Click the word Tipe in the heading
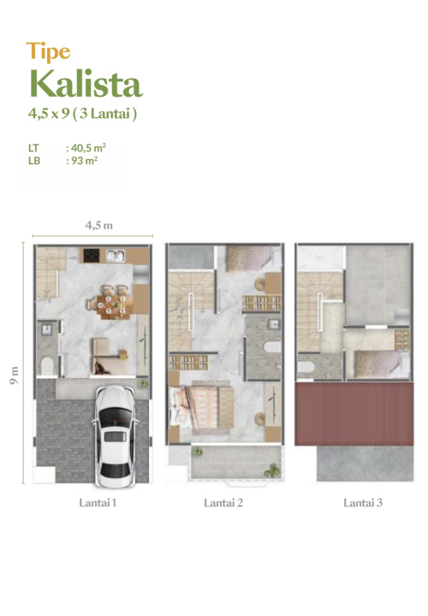click(x=48, y=52)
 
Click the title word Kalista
click(x=86, y=84)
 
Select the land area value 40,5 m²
click(x=88, y=148)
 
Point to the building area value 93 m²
click(x=85, y=160)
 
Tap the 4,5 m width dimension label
click(x=99, y=225)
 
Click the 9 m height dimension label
click(x=15, y=376)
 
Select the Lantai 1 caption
click(x=98, y=502)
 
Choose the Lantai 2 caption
click(x=223, y=502)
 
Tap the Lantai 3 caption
click(x=363, y=502)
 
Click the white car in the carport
click(x=116, y=436)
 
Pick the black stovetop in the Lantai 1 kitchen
click(x=92, y=255)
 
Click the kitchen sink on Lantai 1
click(x=116, y=256)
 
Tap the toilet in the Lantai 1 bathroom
click(x=47, y=365)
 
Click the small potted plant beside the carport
click(x=144, y=382)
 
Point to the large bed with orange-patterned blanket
click(x=202, y=407)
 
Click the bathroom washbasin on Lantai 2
click(x=274, y=324)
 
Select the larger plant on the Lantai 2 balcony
click(x=272, y=469)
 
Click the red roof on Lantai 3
click(x=354, y=414)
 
